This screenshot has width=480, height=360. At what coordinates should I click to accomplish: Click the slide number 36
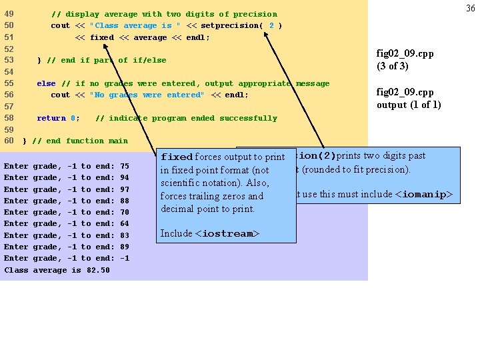(470, 8)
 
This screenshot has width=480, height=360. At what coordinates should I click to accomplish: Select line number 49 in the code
(9, 14)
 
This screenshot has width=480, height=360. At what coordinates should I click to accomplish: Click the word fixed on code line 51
(101, 37)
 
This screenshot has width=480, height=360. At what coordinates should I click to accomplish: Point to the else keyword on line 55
(46, 83)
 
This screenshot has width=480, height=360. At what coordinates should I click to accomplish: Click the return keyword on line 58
(51, 118)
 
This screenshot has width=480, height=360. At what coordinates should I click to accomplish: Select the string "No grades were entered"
(147, 95)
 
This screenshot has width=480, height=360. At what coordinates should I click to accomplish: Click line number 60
(9, 141)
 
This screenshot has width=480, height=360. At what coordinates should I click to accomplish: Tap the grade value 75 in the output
(124, 166)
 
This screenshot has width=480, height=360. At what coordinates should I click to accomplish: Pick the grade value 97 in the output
(124, 189)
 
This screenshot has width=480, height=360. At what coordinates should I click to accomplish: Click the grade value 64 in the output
(124, 224)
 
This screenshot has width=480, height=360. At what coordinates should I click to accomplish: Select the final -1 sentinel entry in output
(124, 259)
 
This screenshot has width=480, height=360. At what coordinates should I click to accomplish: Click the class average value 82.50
(99, 270)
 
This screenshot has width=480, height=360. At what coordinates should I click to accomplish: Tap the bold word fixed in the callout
(177, 157)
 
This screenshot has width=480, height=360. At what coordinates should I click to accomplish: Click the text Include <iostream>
(209, 233)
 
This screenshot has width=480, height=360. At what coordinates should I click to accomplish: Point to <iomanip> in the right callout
(424, 195)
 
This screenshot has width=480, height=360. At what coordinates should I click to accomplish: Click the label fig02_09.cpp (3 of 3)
(405, 60)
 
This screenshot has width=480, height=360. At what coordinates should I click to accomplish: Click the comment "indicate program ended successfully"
(186, 118)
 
